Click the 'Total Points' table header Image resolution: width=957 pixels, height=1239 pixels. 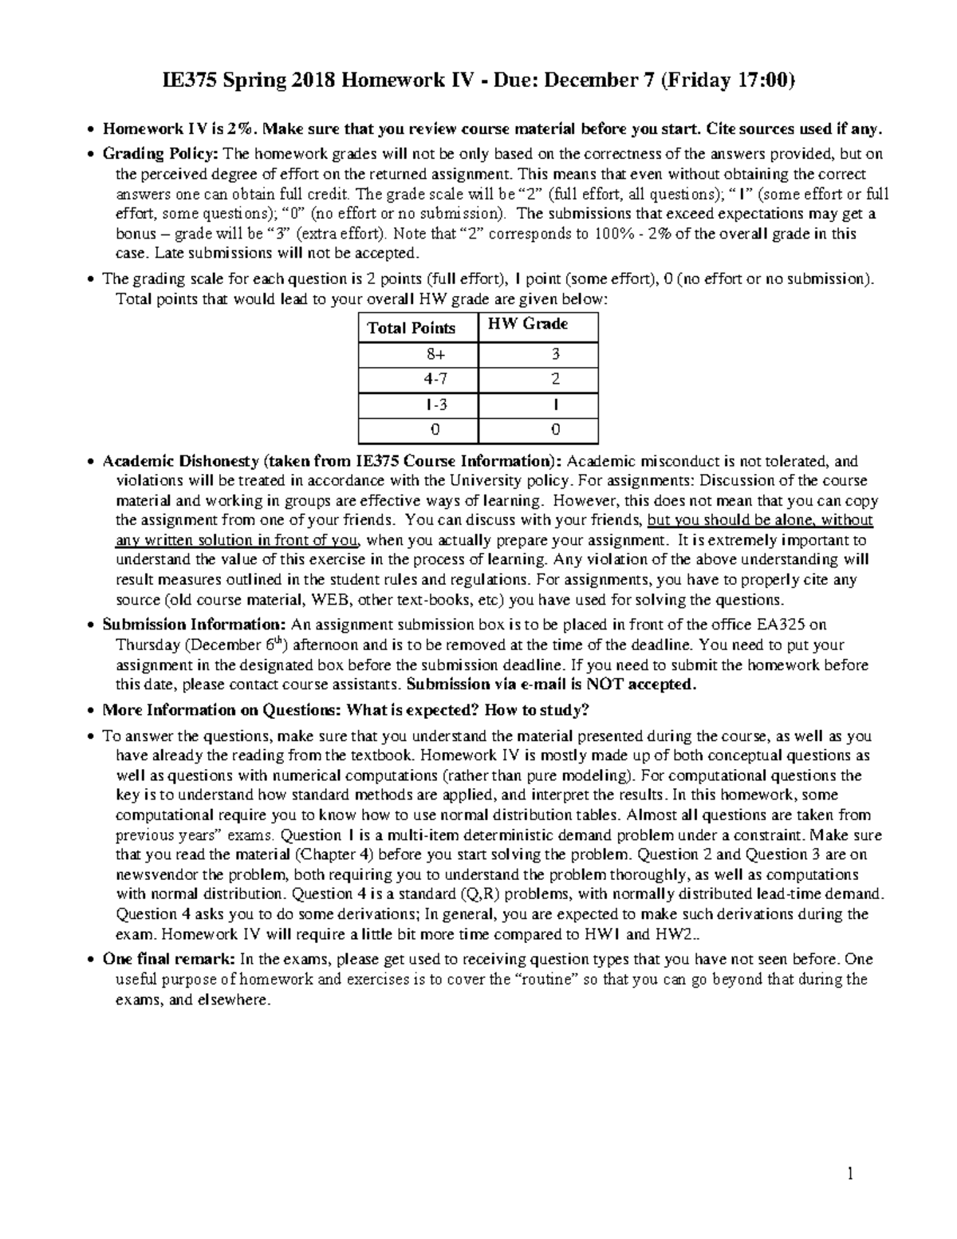tap(411, 328)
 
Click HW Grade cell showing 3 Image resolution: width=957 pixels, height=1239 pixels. tap(555, 354)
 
